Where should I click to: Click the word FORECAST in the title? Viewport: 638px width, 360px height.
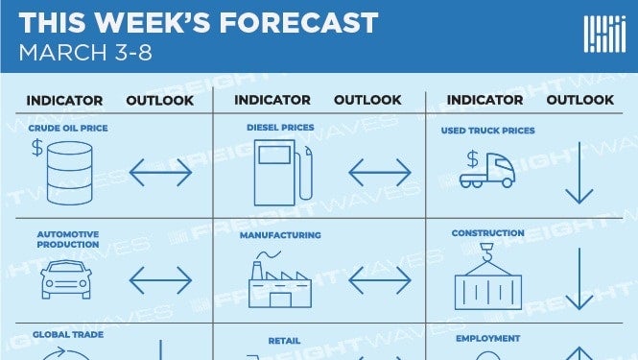coord(299,22)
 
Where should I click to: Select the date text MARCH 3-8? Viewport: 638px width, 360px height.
coord(85,53)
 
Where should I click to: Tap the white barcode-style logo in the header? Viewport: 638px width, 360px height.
coord(604,35)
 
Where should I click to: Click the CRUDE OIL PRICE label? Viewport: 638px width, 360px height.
coord(68,128)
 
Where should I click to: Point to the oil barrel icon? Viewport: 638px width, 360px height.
coord(70,173)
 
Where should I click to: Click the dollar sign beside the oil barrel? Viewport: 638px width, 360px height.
coord(37,148)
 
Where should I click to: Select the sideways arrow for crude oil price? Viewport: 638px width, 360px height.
coord(160,172)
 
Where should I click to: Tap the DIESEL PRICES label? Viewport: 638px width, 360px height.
coord(280,127)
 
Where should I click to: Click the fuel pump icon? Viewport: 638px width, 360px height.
coord(283,173)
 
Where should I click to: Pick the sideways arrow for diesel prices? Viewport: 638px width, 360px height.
coord(380,172)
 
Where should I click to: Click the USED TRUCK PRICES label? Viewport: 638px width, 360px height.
coord(488,131)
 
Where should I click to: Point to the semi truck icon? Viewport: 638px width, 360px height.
coord(487,170)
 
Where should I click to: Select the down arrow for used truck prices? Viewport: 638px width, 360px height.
coord(579,173)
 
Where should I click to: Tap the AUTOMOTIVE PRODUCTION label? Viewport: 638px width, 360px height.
coord(68,239)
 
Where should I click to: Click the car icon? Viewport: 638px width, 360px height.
coord(66,279)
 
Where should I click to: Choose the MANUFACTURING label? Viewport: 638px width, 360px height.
coord(280,235)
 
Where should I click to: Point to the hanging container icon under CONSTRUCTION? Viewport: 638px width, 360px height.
coord(488,276)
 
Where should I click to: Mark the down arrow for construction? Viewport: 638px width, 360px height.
coord(579,278)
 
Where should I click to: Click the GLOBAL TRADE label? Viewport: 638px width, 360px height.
coord(68,334)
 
